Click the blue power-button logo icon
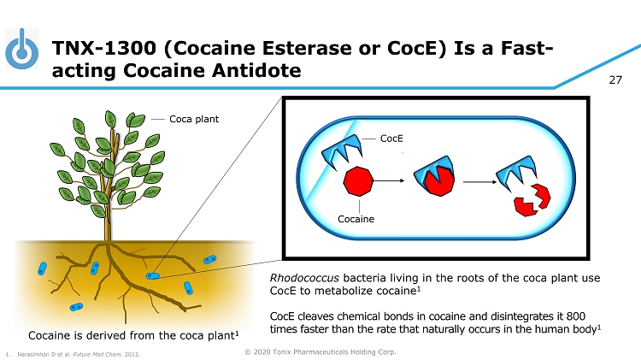pos(21,49)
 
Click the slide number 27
pos(615,80)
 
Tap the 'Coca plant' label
pos(194,119)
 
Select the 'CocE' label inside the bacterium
pos(391,139)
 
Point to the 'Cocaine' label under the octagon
pos(356,219)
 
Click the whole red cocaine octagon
pos(358,180)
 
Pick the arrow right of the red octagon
pos(389,180)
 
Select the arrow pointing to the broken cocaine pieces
pos(480,181)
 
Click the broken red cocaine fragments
pos(532,200)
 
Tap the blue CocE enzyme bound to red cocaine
pos(434,176)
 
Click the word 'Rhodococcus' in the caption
pos(304,278)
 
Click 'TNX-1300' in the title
pos(103,48)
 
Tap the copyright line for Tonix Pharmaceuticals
pos(320,351)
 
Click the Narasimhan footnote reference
pos(73,354)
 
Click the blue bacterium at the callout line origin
pos(152,276)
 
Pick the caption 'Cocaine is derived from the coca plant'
pos(133,335)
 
